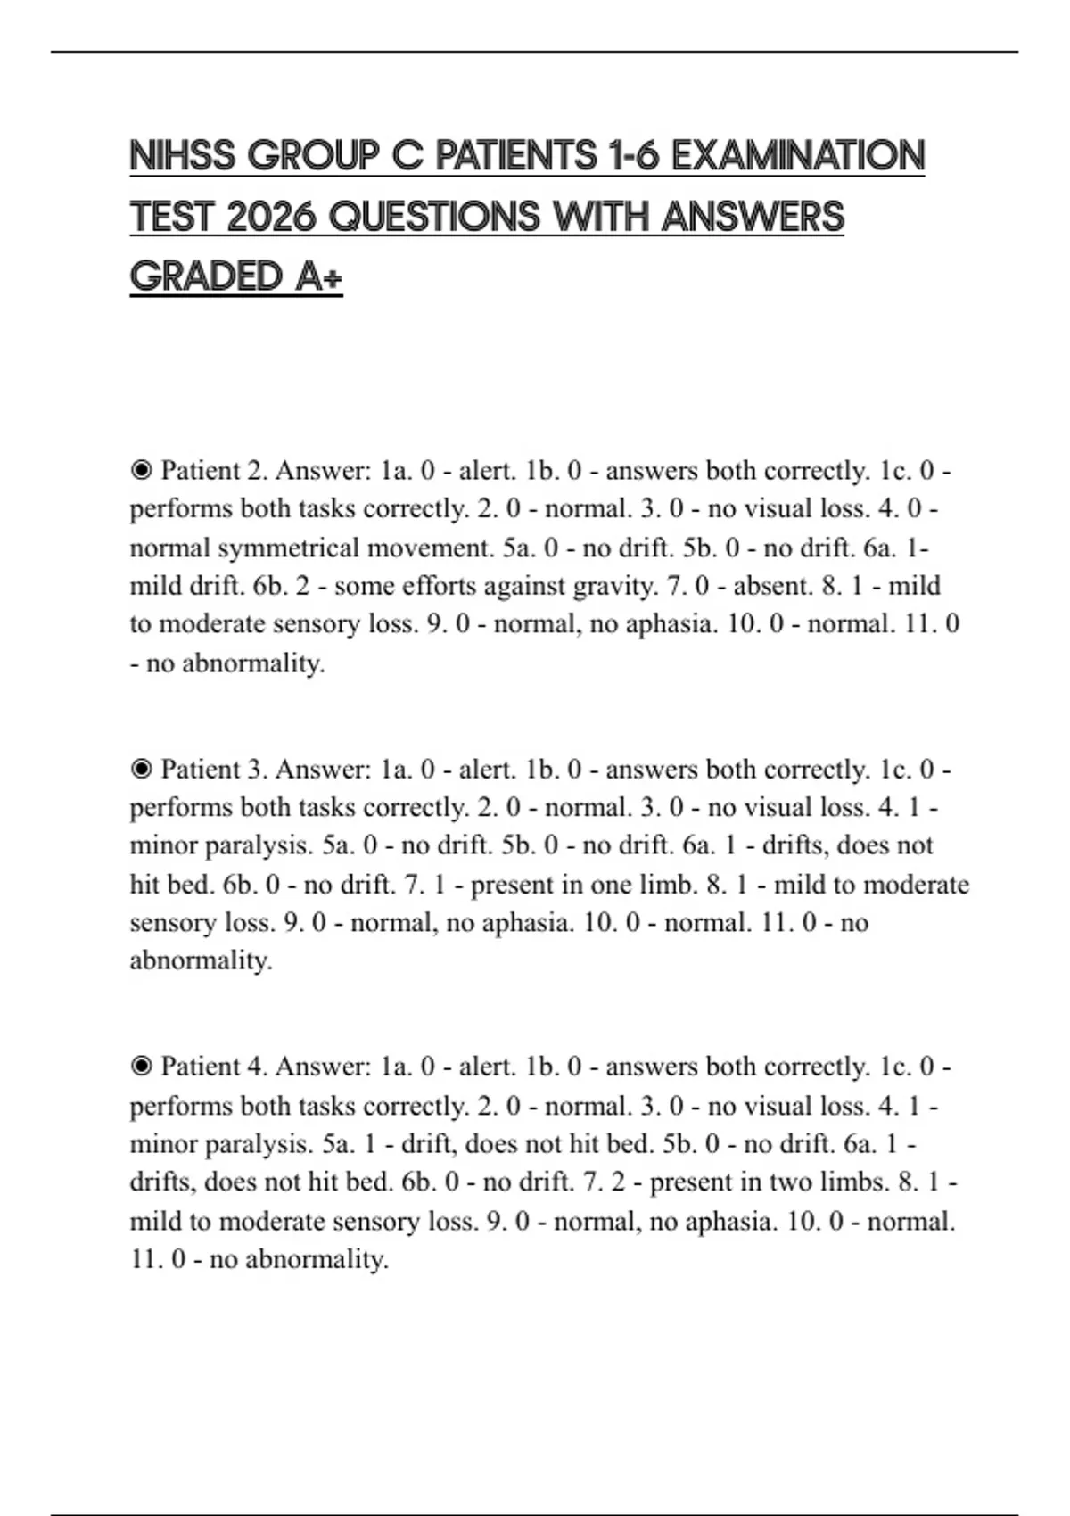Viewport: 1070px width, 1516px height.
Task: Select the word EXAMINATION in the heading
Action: pos(797,156)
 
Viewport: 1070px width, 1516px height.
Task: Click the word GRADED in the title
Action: pos(206,276)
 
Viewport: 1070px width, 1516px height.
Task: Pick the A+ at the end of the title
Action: pos(317,276)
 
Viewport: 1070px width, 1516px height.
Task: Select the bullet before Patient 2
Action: pos(141,470)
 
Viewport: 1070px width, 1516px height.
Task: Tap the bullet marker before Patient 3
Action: pos(141,769)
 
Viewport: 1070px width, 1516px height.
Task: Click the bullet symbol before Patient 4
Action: pos(141,1067)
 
